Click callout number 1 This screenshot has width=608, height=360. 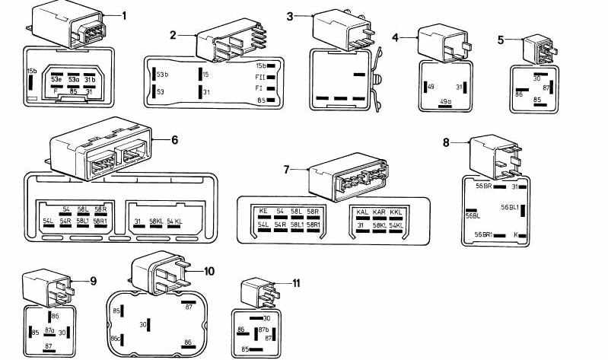(124, 15)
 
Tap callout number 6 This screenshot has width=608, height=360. (174, 140)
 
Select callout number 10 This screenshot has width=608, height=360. (210, 270)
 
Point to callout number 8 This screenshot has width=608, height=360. (446, 142)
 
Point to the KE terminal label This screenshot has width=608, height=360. (263, 211)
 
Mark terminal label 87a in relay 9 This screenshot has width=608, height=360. (49, 332)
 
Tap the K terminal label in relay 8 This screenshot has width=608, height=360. (517, 234)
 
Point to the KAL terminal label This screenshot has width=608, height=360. (362, 211)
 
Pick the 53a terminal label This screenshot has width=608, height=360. (75, 78)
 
